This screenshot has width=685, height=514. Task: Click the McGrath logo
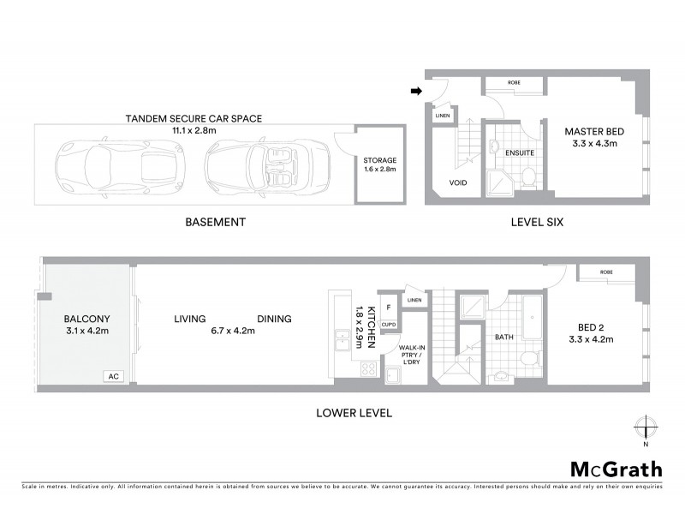616,469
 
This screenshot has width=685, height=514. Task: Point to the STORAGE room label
379,160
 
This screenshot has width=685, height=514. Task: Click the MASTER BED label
593,132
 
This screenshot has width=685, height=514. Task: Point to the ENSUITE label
521,152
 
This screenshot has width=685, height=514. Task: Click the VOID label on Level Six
460,182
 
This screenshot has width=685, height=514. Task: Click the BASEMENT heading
216,222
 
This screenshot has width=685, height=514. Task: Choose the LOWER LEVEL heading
354,413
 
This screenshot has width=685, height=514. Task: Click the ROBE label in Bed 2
606,272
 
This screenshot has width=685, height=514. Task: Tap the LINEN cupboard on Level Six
442,116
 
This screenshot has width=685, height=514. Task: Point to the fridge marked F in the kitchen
389,307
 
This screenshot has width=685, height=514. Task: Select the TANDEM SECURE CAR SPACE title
193,117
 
